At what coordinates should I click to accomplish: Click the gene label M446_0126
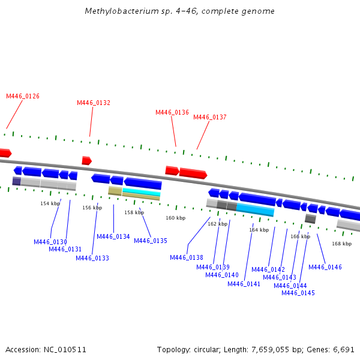point(23,96)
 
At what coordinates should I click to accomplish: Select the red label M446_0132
point(94,103)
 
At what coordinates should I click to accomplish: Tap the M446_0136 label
point(172,112)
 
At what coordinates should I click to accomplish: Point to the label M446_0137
point(210,117)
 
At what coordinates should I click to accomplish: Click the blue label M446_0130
point(50,242)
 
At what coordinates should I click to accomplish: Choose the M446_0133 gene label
point(92,258)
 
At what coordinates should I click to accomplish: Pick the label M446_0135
point(151,241)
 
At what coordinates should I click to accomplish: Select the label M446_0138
point(187,257)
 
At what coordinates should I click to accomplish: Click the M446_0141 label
point(244,284)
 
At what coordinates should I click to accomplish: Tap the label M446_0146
point(325,267)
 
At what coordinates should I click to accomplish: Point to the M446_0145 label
point(298,293)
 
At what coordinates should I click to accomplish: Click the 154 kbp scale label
point(50,203)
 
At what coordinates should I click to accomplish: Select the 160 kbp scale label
point(176,218)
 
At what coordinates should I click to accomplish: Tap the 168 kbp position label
point(341,244)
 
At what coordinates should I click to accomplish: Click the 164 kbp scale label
point(259,230)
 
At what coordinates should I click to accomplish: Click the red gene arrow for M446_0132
point(87,160)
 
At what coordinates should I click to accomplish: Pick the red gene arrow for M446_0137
point(193,173)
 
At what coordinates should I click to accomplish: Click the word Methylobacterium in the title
point(112,11)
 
